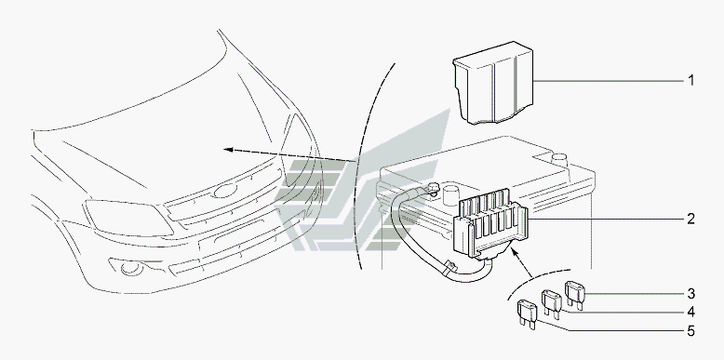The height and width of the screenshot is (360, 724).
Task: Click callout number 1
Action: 690,81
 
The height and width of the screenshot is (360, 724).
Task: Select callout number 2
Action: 690,219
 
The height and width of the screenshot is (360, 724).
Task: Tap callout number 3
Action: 690,294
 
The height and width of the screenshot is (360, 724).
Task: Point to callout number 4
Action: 690,313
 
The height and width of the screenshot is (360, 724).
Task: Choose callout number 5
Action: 690,331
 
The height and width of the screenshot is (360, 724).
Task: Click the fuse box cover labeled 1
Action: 493,83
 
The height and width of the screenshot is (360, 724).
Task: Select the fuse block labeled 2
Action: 489,224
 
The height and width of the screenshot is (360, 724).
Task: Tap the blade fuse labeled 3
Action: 575,295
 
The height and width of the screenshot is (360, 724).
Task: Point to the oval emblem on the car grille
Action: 224,191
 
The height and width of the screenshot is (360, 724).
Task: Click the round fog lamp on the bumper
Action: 128,268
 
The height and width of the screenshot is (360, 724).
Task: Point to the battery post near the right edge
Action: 559,158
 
